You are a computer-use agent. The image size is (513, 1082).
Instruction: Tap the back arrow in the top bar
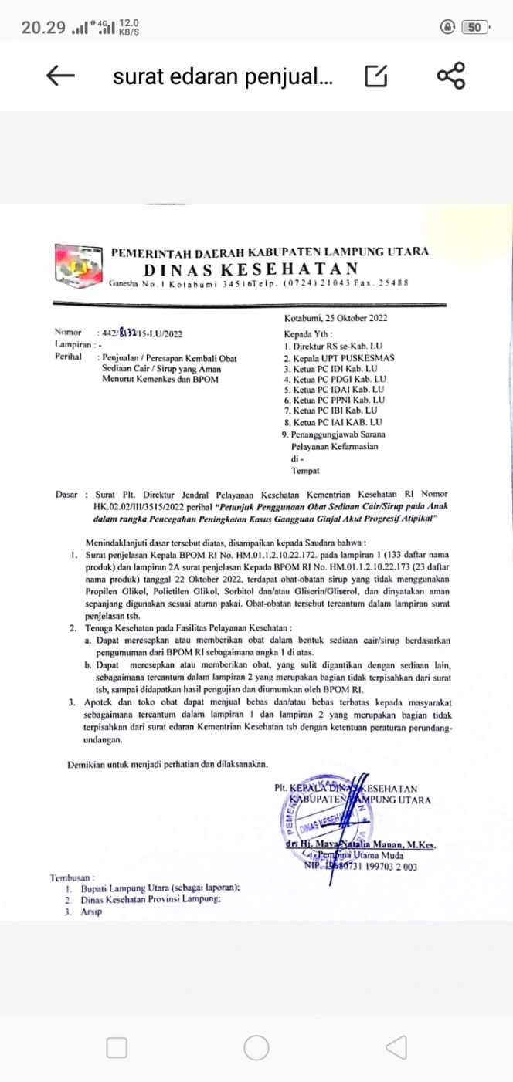click(x=60, y=76)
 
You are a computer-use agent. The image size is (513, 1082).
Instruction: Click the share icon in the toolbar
click(x=450, y=76)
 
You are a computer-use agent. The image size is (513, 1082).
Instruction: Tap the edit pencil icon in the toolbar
click(x=375, y=76)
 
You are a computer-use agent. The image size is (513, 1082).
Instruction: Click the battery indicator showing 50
click(x=474, y=28)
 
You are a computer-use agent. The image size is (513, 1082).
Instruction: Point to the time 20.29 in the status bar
click(x=42, y=28)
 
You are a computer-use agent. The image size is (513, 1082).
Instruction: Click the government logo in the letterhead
click(x=79, y=265)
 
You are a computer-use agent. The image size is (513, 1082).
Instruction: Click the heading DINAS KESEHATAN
click(x=251, y=269)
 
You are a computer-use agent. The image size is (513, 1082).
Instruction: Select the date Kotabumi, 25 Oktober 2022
click(x=336, y=318)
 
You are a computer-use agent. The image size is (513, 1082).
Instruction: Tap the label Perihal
click(x=69, y=357)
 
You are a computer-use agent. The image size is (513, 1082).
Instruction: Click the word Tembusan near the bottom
click(x=73, y=877)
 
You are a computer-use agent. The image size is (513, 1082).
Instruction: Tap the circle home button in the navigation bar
click(x=256, y=1047)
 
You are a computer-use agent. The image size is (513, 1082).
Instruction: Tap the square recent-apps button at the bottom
click(x=117, y=1047)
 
